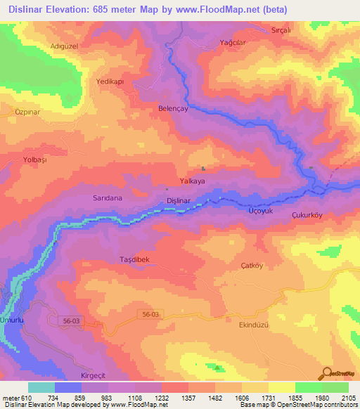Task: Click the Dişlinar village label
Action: pyautogui.click(x=179, y=201)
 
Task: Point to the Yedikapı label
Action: pyautogui.click(x=110, y=82)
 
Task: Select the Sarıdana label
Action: pyautogui.click(x=108, y=198)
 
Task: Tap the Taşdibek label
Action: pyautogui.click(x=134, y=259)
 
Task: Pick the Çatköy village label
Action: pyautogui.click(x=250, y=266)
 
